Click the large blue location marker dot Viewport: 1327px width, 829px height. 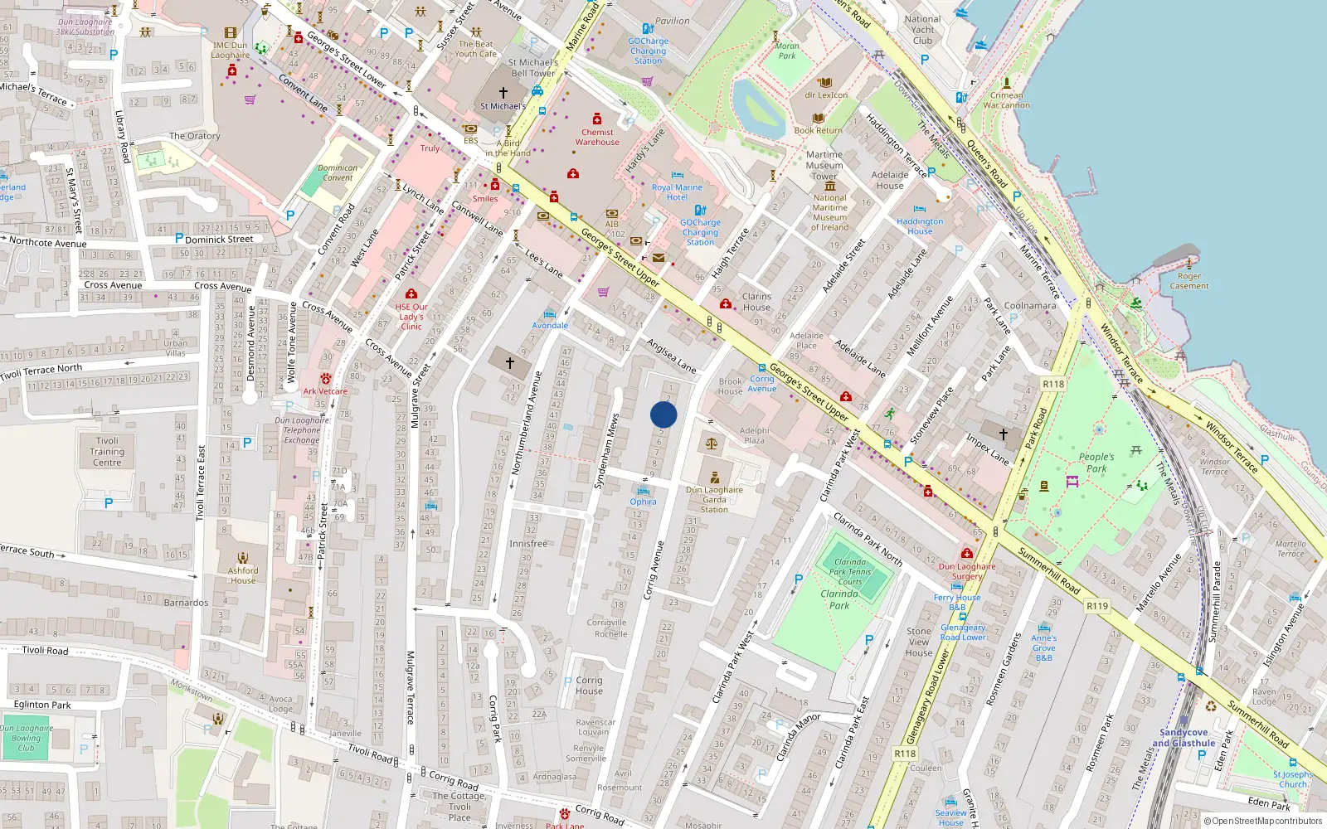663,414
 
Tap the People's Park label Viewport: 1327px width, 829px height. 1096,463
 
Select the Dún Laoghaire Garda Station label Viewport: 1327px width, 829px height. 714,499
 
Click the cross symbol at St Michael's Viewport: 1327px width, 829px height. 503,93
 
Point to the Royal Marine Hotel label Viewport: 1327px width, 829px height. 677,192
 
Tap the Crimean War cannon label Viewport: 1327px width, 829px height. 1006,100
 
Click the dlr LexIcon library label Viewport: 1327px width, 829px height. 826,95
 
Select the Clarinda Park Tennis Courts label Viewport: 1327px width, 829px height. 850,571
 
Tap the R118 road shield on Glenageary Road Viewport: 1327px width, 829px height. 905,754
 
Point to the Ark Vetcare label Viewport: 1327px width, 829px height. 325,391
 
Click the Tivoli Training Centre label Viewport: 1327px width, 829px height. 107,452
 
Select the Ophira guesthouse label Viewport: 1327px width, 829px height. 643,502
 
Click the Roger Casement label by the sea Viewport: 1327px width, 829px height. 1189,281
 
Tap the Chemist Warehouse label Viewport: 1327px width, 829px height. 597,137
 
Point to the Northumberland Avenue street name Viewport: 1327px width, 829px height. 527,423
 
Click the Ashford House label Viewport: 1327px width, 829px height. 243,575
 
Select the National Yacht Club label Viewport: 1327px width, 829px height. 922,30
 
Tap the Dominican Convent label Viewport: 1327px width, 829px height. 338,172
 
